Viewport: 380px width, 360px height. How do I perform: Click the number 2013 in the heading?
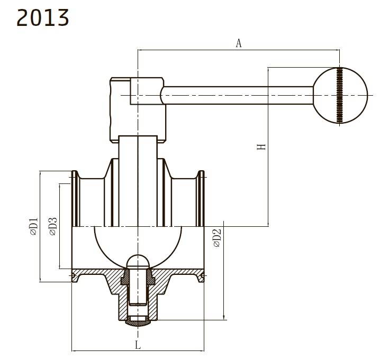[43, 17]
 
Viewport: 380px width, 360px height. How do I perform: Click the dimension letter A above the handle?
[239, 43]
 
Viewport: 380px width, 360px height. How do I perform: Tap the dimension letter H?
[261, 147]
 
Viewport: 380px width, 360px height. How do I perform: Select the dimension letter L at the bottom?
[138, 345]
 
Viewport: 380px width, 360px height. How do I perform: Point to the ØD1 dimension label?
[34, 226]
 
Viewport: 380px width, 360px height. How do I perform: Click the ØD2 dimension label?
[217, 238]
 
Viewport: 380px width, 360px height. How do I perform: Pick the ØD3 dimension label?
[53, 226]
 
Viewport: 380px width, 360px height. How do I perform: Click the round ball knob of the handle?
[340, 95]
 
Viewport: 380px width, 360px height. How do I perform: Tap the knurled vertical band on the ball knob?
[340, 95]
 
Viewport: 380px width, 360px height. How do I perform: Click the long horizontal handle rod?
[238, 95]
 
